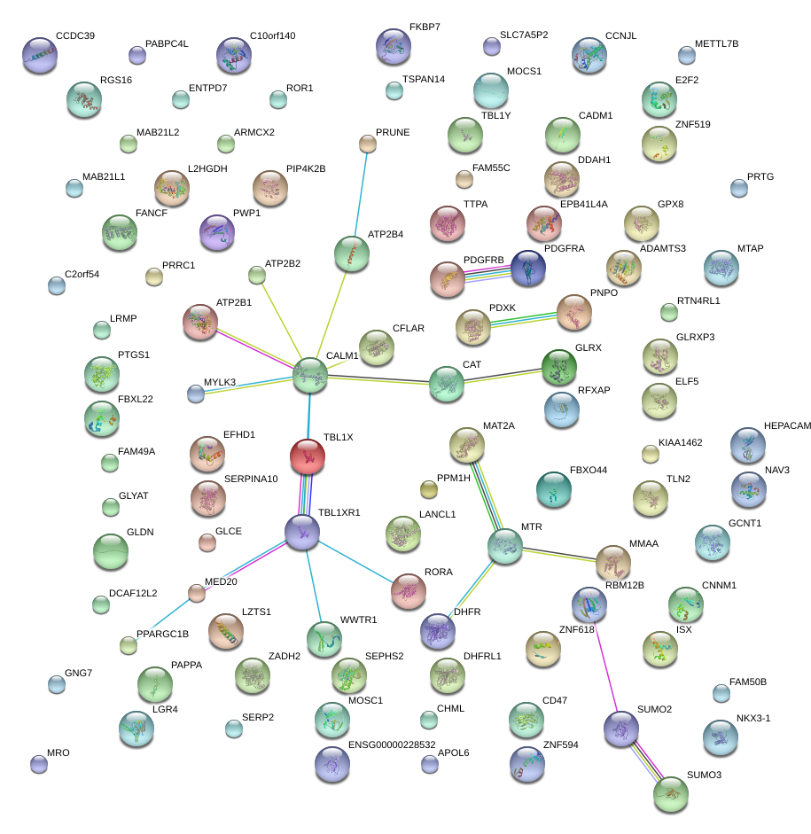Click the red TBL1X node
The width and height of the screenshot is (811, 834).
[x=307, y=456]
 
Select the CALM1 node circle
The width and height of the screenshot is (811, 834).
[x=310, y=376]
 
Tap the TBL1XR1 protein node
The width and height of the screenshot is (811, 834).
[x=301, y=531]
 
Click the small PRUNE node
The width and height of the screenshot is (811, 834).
[x=368, y=144]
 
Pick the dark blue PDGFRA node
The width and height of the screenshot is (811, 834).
[x=528, y=268]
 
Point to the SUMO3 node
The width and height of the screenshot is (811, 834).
[x=670, y=794]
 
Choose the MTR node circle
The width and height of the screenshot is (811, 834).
[x=505, y=546]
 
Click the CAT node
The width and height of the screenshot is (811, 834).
[x=447, y=384]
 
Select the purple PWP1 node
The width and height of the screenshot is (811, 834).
[x=217, y=232]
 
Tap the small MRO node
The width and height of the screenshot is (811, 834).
[x=38, y=763]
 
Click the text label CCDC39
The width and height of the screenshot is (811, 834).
[x=74, y=36]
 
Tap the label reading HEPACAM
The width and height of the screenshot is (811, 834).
[x=788, y=426]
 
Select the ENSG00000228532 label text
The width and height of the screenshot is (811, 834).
[x=392, y=744]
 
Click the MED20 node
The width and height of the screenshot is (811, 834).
[x=197, y=593]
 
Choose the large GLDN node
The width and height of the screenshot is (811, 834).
[x=111, y=550]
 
